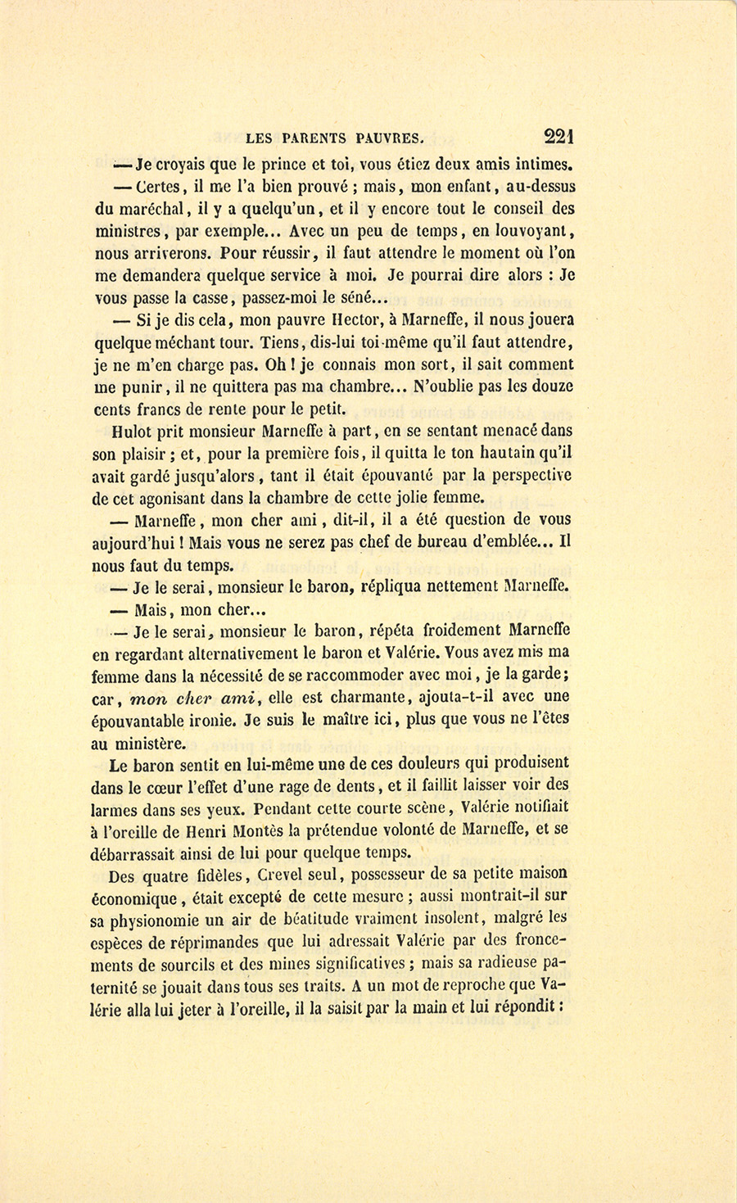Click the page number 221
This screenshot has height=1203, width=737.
coord(557,136)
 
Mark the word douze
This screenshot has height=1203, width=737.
coord(552,387)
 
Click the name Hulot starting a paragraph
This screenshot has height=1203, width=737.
coord(129,431)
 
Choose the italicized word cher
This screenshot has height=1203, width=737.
coord(199,698)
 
